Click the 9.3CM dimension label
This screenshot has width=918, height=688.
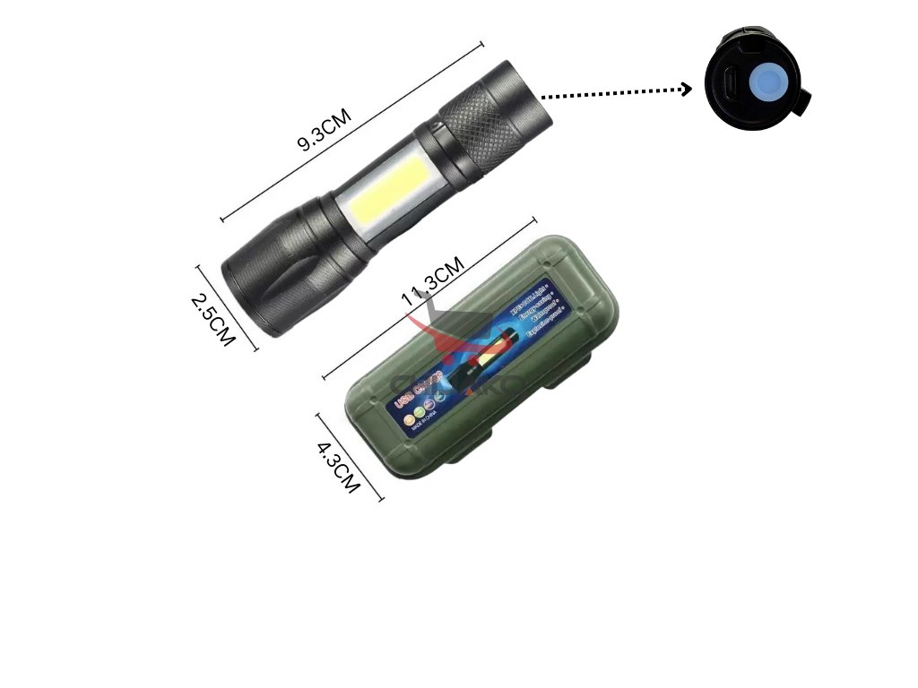(324, 130)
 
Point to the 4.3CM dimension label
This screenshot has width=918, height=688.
(339, 465)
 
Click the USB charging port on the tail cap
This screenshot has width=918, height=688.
(731, 84)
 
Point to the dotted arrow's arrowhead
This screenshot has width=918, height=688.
(687, 88)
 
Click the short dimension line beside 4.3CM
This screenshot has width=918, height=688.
(350, 457)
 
